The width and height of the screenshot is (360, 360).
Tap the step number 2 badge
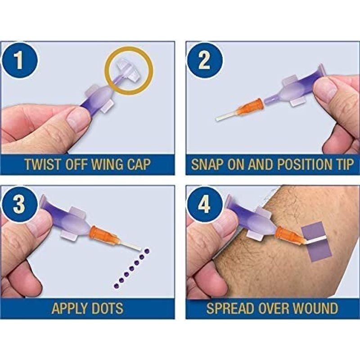204,60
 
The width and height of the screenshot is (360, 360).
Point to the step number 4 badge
204,204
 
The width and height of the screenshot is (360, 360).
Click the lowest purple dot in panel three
116,286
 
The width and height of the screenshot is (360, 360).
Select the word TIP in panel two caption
344,164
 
